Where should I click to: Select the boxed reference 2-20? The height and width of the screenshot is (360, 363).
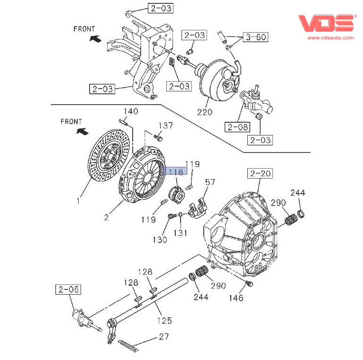pos(260,174)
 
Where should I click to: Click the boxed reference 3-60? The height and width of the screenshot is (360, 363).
pos(254,37)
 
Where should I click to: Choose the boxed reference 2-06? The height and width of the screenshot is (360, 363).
pos(68,289)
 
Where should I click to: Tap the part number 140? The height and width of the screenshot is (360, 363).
pos(131,112)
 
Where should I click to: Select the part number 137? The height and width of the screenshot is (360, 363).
pos(165,126)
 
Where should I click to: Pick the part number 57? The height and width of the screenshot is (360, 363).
pos(210,182)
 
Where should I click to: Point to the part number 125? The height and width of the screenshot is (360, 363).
pos(164,321)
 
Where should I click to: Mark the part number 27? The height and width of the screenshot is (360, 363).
pos(163,337)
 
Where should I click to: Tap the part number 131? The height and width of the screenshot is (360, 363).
pos(180,233)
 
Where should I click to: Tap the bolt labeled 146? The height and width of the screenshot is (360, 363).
pos(250,284)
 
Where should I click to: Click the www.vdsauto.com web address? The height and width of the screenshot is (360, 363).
pos(331,37)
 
